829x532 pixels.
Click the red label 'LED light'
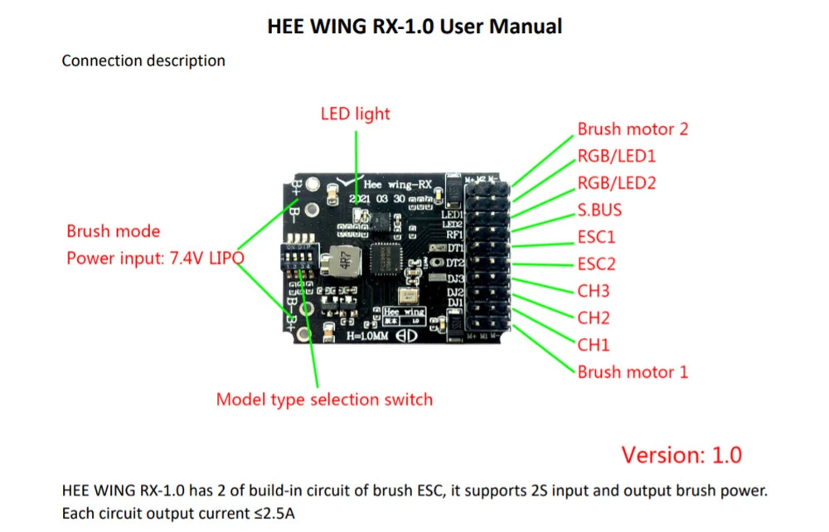355,114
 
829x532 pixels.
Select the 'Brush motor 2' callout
633,129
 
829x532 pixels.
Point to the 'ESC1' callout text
596,238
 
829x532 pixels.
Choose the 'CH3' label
594,291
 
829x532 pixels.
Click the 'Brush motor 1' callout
633,371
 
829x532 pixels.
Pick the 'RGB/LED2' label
617,183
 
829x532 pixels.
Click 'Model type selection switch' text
324,399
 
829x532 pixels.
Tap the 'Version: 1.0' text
681,454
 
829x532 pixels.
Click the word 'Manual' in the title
526,27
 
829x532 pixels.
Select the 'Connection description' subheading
143,60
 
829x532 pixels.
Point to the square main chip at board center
385,259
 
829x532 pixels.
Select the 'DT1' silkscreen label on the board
454,248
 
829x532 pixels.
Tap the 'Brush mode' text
114,231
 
